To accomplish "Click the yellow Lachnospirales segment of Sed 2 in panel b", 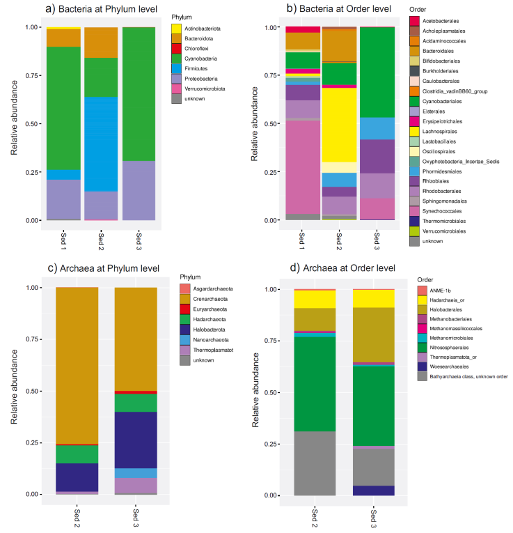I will (339, 125).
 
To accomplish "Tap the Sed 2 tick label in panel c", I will (77, 518).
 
